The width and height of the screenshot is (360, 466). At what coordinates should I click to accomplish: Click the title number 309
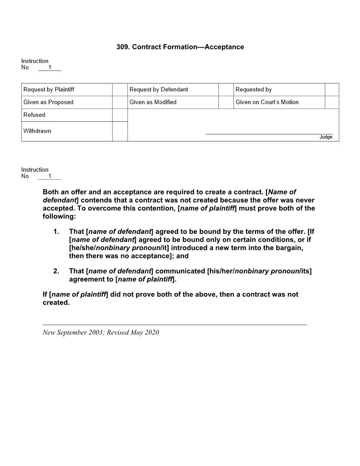pos(122,47)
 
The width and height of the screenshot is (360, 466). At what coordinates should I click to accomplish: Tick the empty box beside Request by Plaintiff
pos(120,90)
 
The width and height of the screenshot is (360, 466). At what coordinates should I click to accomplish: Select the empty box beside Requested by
pos(332,90)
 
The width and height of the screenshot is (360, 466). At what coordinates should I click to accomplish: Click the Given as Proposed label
pos(49,102)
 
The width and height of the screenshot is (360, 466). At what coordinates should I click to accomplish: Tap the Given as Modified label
pos(153,102)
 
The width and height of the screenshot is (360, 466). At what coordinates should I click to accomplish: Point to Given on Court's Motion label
pos(267,102)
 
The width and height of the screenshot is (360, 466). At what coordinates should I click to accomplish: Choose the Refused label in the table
pos(34,115)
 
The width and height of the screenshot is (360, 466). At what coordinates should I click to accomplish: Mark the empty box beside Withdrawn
pos(120,131)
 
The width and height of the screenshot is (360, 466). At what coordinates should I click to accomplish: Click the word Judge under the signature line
pos(326,137)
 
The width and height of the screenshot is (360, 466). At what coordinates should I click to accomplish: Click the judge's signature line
pos(269,133)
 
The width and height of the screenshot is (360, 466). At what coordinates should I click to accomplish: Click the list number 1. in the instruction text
pos(56,231)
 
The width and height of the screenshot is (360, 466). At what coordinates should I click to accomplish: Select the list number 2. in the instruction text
pos(56,271)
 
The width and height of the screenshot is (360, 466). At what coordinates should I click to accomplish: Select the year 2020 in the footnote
pos(151,332)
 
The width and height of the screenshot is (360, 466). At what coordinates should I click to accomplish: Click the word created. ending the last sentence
pos(56,303)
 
